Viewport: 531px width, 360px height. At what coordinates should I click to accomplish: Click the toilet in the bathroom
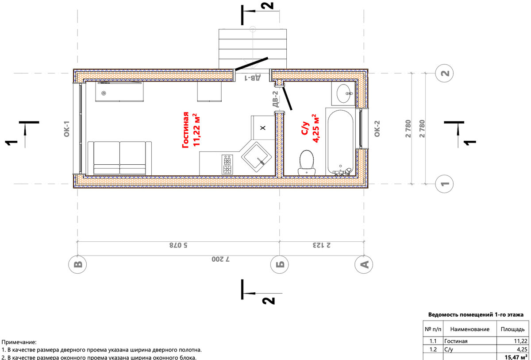pos(307,163)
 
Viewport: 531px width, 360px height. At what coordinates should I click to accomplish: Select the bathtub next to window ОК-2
pos(341,142)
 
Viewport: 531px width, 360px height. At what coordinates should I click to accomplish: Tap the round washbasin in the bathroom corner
pos(343,93)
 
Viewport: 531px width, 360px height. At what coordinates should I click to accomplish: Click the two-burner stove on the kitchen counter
pos(227,164)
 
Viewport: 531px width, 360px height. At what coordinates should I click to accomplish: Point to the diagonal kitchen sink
pos(256,157)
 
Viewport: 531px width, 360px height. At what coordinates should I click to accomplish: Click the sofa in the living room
pos(119,159)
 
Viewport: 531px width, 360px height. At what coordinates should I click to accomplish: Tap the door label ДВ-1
pos(253,77)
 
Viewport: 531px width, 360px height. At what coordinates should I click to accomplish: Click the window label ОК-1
pos(67,129)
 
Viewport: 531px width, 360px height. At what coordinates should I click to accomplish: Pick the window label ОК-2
pos(377,129)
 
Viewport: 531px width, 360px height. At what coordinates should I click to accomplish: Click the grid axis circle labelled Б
pos(280,264)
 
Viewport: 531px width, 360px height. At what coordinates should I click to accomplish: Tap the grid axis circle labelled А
pos(364,264)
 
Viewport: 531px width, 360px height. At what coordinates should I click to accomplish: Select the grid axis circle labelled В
pos(77,264)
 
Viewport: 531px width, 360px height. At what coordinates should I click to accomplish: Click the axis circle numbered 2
pos(444,73)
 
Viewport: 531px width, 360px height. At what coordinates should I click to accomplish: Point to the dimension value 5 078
pos(178,245)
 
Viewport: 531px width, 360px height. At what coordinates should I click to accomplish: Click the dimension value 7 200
pos(221,259)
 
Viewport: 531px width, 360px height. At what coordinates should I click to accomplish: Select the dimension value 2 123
pos(321,245)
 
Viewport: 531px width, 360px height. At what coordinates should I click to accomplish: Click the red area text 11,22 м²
pos(196,130)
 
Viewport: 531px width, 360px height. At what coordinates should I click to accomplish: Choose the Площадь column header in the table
pos(512,329)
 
